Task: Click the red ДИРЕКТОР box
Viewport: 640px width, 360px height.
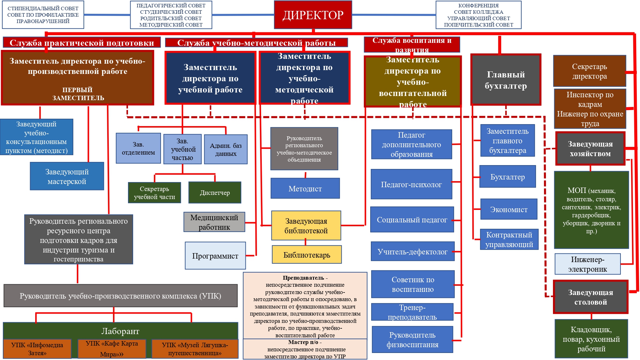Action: click(x=313, y=15)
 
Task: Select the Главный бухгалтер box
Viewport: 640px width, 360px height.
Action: click(x=506, y=80)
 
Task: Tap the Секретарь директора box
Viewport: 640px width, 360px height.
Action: click(x=589, y=71)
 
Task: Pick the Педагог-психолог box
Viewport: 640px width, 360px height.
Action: click(x=411, y=184)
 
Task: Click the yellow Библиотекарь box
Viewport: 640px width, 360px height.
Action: click(x=307, y=255)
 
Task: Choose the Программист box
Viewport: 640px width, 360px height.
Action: click(x=215, y=256)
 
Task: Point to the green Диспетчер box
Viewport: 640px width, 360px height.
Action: click(x=215, y=193)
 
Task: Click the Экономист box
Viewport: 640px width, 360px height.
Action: click(x=508, y=209)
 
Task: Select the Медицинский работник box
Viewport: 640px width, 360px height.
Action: click(x=214, y=222)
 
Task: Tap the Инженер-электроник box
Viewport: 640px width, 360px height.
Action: click(x=588, y=264)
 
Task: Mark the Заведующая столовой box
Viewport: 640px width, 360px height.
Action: click(x=590, y=297)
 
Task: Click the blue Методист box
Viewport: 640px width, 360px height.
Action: click(x=305, y=188)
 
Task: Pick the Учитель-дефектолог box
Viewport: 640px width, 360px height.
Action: click(x=412, y=252)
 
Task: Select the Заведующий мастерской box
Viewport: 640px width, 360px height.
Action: click(x=67, y=176)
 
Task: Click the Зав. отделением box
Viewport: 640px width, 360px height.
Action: click(x=138, y=148)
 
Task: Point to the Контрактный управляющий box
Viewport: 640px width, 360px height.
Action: click(x=509, y=239)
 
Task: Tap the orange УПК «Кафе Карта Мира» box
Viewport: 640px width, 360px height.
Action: click(x=112, y=348)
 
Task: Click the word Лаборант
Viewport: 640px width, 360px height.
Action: click(x=120, y=331)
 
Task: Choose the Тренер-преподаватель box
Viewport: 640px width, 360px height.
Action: click(x=412, y=312)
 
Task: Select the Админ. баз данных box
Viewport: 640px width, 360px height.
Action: click(x=226, y=149)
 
